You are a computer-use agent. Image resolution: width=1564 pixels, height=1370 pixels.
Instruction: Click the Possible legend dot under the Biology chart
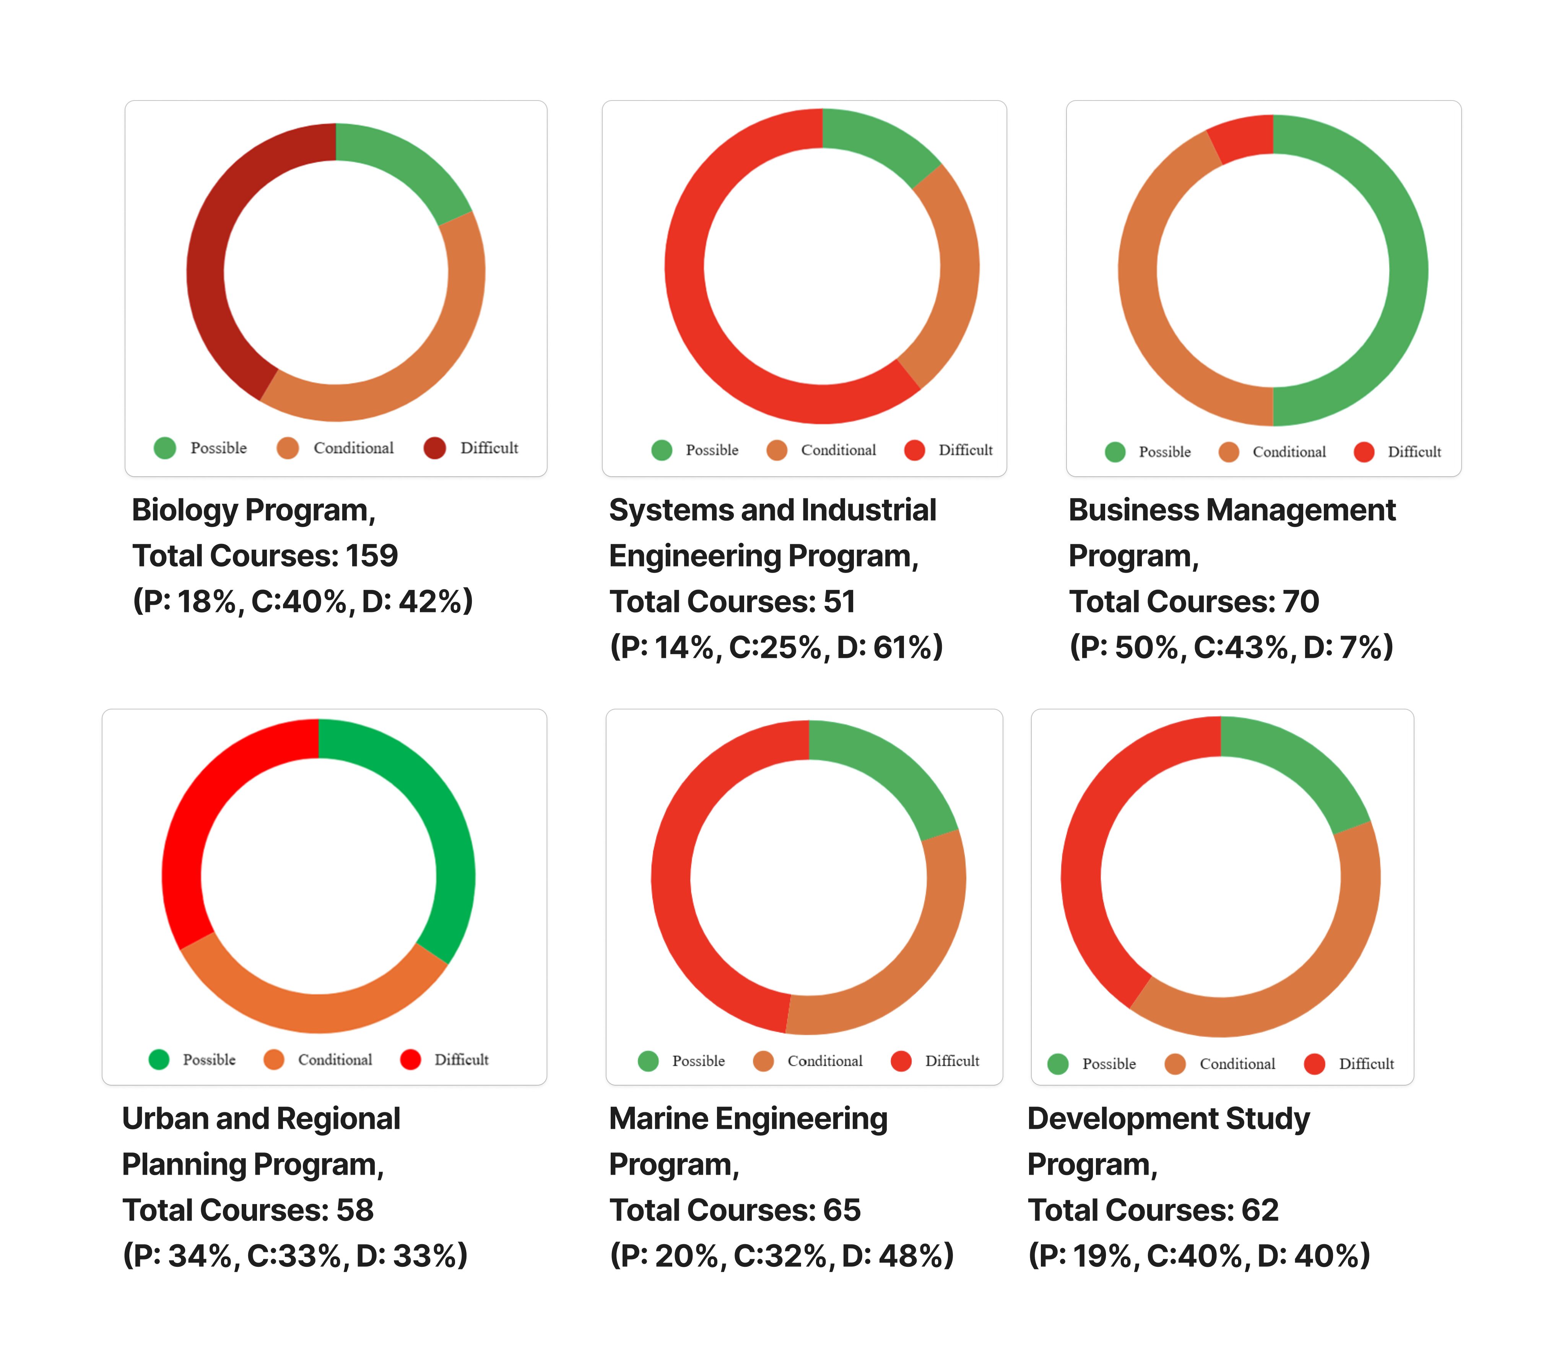coord(164,448)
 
